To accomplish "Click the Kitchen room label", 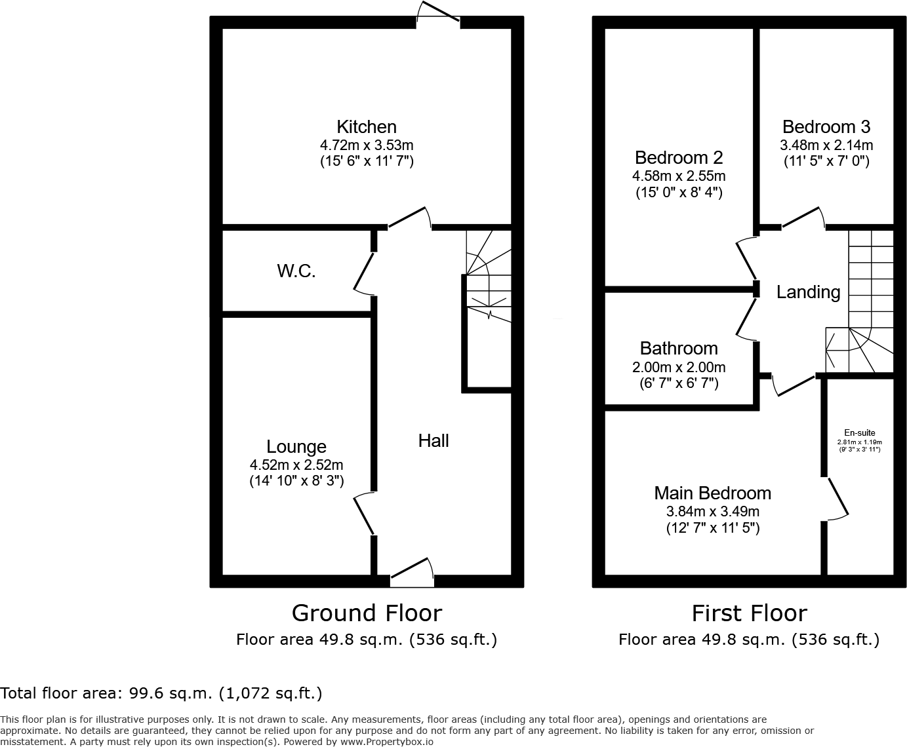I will [366, 126].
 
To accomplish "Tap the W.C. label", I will [296, 271].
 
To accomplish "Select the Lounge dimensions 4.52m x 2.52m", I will [296, 465].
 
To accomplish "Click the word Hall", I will [433, 440].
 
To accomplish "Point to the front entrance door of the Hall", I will [412, 571].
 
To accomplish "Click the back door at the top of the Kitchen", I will [438, 14].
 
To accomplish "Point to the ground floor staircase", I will [488, 275].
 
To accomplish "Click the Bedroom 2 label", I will [679, 157].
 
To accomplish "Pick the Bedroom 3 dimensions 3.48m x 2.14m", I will [826, 145].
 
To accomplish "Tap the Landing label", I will [808, 292].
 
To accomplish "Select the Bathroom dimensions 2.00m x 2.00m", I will [679, 367].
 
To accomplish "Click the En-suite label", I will [859, 432].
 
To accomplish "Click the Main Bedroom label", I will [712, 493].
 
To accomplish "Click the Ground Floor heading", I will [367, 613].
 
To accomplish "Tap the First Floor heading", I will [749, 613].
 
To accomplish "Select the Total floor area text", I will [161, 693].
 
